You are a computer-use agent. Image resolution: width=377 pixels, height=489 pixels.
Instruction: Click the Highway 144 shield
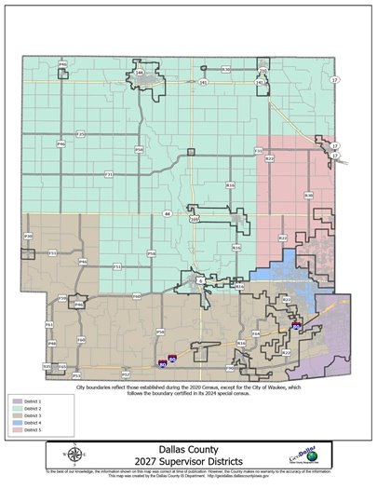pyautogui.click(x=139, y=72)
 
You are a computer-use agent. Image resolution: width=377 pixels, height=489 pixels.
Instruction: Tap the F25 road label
pyautogui.click(x=80, y=134)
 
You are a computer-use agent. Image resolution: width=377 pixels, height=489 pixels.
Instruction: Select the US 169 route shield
pyautogui.click(x=194, y=220)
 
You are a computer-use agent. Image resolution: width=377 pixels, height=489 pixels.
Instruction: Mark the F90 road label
pyautogui.click(x=230, y=367)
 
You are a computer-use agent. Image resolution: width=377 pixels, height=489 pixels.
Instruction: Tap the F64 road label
pyautogui.click(x=256, y=332)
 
